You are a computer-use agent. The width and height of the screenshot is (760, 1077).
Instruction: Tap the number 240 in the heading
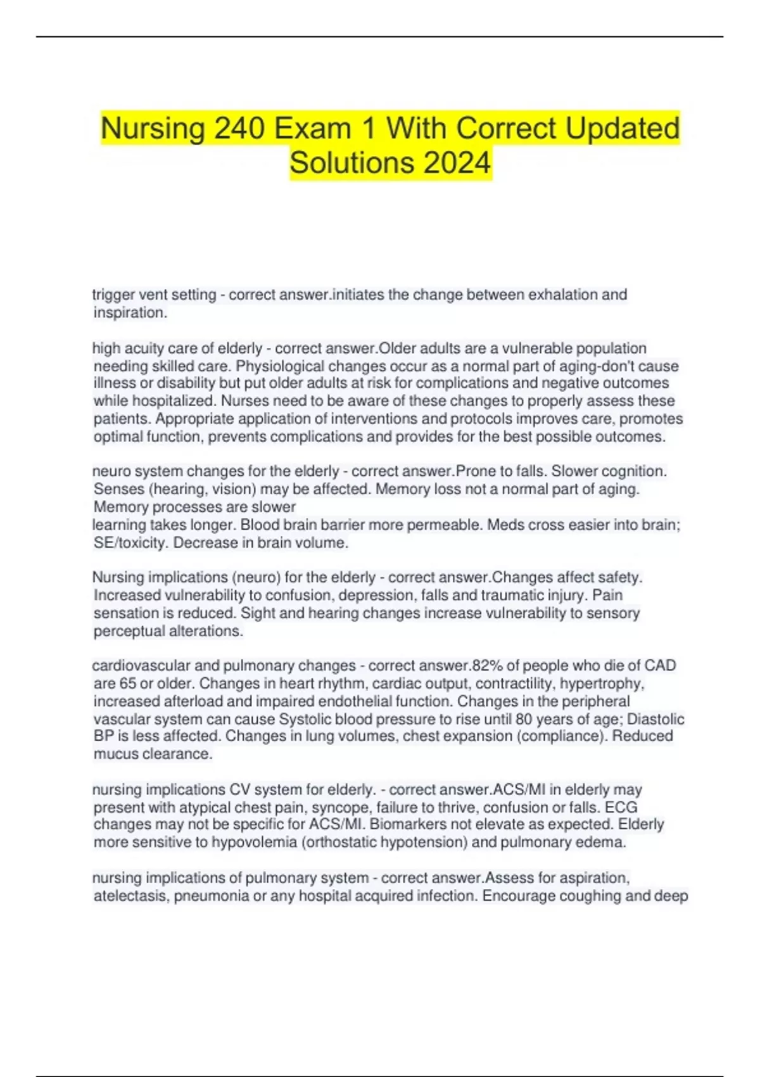pyautogui.click(x=239, y=129)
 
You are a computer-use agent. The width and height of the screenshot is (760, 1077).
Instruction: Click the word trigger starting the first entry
pyautogui.click(x=113, y=295)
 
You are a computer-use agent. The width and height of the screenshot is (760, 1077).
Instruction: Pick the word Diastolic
pyautogui.click(x=655, y=719)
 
